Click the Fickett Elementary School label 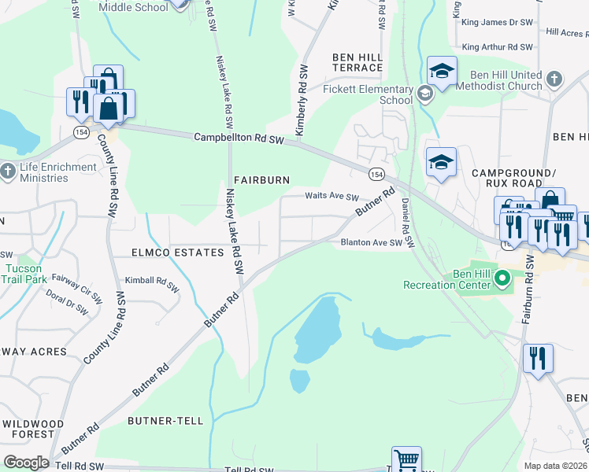tap(368, 94)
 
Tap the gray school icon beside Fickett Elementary tap(425, 95)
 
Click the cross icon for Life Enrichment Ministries tap(8, 171)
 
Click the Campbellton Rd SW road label tap(239, 138)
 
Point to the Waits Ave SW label tap(332, 197)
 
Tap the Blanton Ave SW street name tap(371, 243)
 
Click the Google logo tap(26, 462)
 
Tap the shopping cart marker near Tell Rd tap(406, 459)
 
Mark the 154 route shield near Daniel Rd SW tap(376, 173)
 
